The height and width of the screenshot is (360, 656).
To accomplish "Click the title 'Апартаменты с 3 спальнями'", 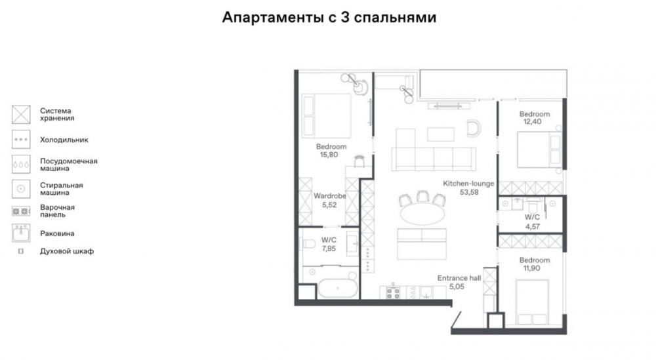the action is coord(329,18).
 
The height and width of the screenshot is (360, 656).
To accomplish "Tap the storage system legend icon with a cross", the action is coord(21,115).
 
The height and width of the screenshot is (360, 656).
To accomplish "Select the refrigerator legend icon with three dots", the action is coord(21,140).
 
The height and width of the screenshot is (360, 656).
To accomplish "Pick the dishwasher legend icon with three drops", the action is coord(21,165).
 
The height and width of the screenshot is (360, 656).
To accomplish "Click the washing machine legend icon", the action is coord(21,189).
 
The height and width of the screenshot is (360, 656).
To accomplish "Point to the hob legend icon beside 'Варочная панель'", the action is coord(21,212).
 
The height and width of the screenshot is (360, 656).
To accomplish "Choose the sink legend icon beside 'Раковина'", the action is coord(21,233).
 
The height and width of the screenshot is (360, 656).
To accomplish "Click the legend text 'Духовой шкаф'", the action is coord(67,251).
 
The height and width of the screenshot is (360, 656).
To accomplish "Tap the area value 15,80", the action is coord(329,155).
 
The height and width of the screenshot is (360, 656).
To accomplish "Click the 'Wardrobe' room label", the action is coord(330,195).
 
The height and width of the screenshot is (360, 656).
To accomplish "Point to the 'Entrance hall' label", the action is coord(459,278).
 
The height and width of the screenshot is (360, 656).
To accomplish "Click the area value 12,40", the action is coord(532,122).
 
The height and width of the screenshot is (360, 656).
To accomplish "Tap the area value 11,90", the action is coord(532,268).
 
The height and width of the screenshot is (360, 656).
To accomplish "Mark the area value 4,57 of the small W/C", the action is coord(533,227).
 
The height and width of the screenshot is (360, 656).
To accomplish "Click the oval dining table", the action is coord(422,214).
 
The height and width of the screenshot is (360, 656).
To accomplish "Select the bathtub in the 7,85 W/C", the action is coord(338,288).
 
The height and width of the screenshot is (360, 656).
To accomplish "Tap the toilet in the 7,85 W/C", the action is coord(309,243).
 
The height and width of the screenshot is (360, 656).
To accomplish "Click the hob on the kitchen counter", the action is coord(393,292).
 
